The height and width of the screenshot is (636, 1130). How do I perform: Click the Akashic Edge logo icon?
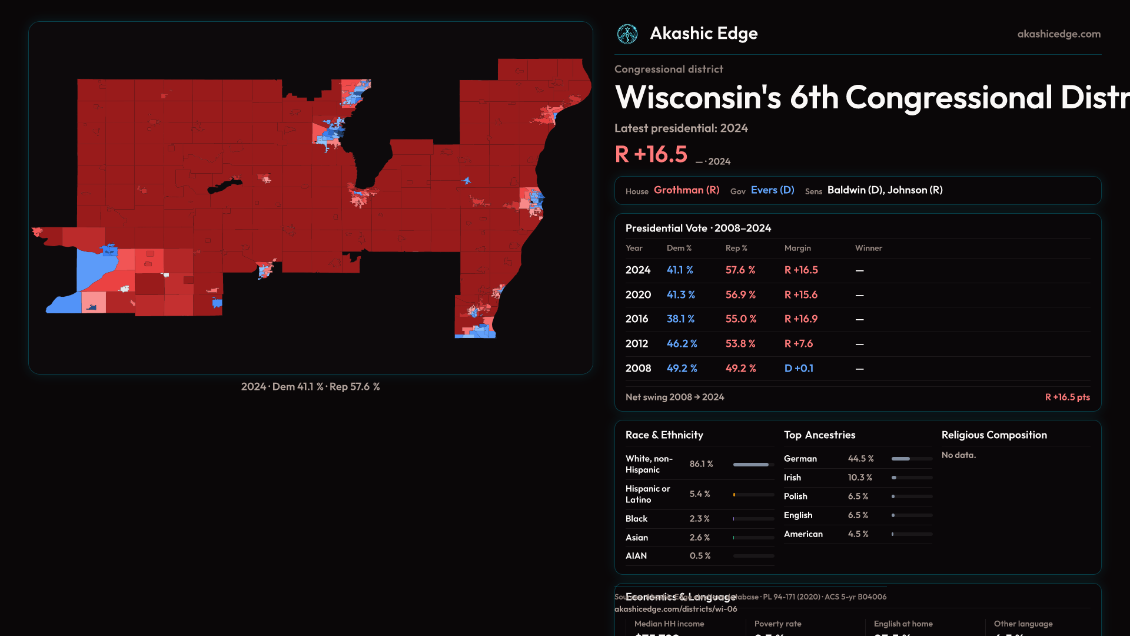pyautogui.click(x=627, y=34)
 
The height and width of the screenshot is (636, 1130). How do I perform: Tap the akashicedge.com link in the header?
pyautogui.click(x=1059, y=34)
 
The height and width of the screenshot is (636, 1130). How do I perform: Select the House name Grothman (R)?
pyautogui.click(x=686, y=190)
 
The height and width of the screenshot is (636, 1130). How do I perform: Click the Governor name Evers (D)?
pyautogui.click(x=772, y=190)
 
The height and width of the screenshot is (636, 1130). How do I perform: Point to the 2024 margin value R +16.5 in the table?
pyautogui.click(x=801, y=270)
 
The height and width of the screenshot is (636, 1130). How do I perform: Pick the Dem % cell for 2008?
pyautogui.click(x=682, y=369)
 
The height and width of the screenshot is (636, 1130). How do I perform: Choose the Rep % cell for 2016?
pyautogui.click(x=740, y=319)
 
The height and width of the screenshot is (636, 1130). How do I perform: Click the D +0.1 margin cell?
pyautogui.click(x=799, y=369)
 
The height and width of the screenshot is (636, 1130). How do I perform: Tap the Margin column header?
pyautogui.click(x=797, y=248)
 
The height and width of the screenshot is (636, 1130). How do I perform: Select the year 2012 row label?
pyautogui.click(x=636, y=344)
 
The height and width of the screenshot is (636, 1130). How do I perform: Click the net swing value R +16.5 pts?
pyautogui.click(x=1067, y=397)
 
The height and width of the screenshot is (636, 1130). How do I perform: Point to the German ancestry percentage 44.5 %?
pyautogui.click(x=860, y=459)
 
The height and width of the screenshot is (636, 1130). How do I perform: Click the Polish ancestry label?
pyautogui.click(x=795, y=496)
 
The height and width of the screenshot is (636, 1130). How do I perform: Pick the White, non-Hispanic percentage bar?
pyautogui.click(x=753, y=465)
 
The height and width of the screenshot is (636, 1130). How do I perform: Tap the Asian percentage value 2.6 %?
pyautogui.click(x=699, y=538)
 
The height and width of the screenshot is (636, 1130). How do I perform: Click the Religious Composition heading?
pyautogui.click(x=994, y=435)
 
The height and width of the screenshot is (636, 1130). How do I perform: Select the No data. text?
pyautogui.click(x=958, y=455)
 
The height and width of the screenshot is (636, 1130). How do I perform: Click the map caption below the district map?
pyautogui.click(x=310, y=387)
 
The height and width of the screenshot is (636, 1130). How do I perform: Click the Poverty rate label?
pyautogui.click(x=777, y=624)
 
